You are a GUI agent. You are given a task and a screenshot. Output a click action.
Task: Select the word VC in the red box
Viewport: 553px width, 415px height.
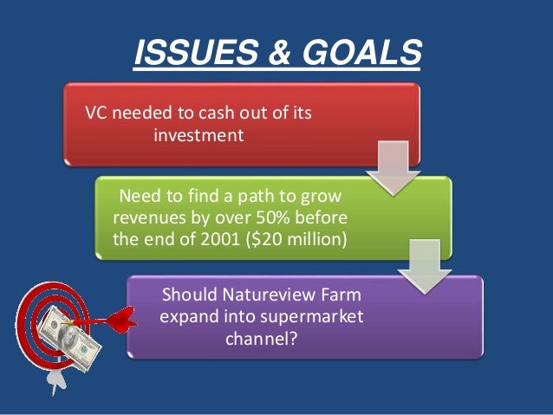pyautogui.click(x=94, y=114)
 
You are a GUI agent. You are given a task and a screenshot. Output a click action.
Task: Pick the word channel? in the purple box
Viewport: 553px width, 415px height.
pyautogui.click(x=262, y=339)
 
